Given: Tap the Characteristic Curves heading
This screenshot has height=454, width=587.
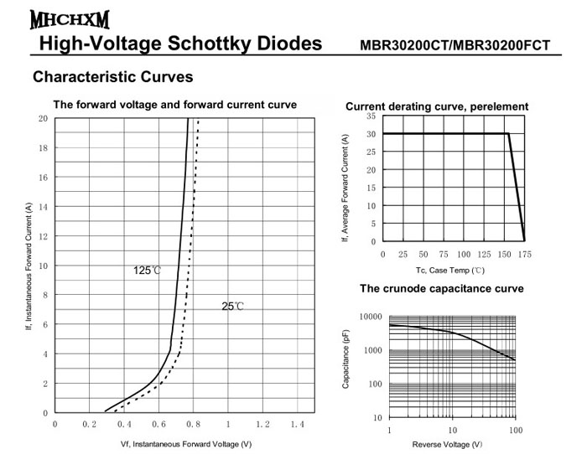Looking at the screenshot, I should pyautogui.click(x=112, y=77).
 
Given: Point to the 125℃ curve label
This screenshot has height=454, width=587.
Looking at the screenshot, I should pyautogui.click(x=148, y=271).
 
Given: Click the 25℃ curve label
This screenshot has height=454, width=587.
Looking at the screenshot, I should pyautogui.click(x=233, y=307).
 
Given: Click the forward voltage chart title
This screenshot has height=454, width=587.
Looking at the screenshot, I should pyautogui.click(x=174, y=106).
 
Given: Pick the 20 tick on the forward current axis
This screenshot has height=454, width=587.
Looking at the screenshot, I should pyautogui.click(x=43, y=119).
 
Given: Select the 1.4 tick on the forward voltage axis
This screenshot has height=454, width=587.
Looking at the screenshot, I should pyautogui.click(x=297, y=426).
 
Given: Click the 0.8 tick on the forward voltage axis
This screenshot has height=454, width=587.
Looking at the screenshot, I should pyautogui.click(x=193, y=426).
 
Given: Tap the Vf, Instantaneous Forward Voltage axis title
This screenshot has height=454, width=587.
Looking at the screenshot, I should pyautogui.click(x=185, y=444).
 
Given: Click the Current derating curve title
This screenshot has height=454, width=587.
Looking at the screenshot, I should pyautogui.click(x=437, y=106).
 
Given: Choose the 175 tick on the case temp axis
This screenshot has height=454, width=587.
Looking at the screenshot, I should pyautogui.click(x=525, y=255).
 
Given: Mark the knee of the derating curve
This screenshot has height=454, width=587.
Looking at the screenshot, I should pyautogui.click(x=508, y=134).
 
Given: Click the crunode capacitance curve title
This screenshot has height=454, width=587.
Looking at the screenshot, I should pyautogui.click(x=442, y=289).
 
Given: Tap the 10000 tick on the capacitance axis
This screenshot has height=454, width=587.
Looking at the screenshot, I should pyautogui.click(x=370, y=317).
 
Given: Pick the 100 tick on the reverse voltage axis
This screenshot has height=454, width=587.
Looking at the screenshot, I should pyautogui.click(x=515, y=430).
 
